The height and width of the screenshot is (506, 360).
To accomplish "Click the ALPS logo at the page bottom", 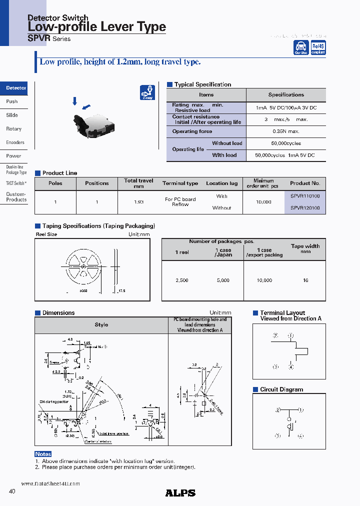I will coord(180,493).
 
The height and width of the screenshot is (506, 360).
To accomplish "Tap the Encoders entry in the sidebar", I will coord(14,142).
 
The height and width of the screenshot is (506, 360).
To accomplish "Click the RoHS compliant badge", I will coord(318,47).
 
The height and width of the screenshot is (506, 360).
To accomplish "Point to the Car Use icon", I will coord(300,47).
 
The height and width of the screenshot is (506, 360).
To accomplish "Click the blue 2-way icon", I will coord(147,92).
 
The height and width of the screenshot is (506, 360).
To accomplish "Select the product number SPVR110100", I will coord(305,196).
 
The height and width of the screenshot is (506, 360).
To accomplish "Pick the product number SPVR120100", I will coord(305,208).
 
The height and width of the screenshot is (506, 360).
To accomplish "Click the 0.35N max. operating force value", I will coord(286,131).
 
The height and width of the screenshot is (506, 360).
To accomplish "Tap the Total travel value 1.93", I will coord(138,202).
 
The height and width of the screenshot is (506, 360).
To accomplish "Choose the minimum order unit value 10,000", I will coord(263,202).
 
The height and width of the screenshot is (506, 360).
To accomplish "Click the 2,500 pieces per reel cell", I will coord(182,280).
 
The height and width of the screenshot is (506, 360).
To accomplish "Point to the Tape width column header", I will coord(305,248).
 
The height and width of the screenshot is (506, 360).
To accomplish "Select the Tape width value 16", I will coord(305,280).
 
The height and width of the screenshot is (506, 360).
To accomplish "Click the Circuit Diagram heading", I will coord(281,389).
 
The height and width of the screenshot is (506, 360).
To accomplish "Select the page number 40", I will coord(12,491).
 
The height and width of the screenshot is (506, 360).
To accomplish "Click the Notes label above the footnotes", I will coord(43,454).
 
